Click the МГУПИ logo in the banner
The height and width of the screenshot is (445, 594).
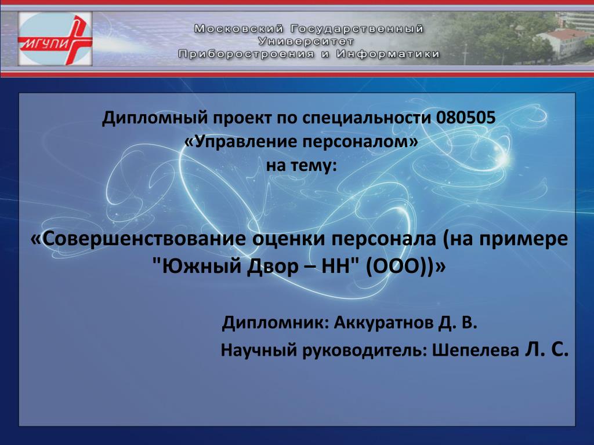point(55,39)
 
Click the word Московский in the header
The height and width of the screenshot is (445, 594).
point(239,29)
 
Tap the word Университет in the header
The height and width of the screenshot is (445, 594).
point(306,41)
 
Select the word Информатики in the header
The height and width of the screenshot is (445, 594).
point(388,54)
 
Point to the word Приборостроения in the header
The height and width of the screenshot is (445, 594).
point(246,54)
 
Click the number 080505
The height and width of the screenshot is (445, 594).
point(466,118)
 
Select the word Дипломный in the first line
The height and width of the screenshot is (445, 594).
point(155,118)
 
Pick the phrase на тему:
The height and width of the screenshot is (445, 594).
point(301,166)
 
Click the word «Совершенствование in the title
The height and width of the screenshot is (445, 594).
point(139,239)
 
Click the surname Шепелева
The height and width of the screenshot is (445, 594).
point(476,351)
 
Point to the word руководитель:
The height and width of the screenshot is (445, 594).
point(365,351)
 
